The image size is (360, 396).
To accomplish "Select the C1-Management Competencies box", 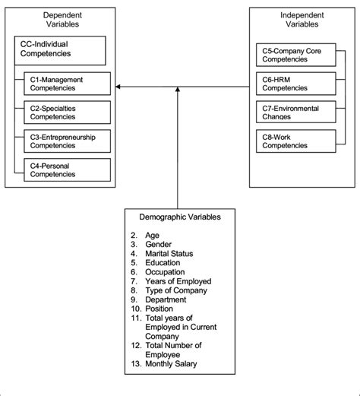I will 67,84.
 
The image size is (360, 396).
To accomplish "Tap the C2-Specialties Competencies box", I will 67,112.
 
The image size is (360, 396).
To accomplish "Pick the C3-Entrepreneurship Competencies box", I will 67,141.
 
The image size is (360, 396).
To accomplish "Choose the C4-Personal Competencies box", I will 67,169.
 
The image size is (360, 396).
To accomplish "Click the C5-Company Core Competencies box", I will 296,55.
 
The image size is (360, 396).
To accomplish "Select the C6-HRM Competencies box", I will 296,84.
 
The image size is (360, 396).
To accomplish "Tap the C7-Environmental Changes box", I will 296,112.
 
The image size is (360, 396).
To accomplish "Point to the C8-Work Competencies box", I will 296,141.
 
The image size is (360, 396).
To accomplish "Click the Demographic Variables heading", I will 180,217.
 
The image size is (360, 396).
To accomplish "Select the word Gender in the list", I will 160,244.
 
